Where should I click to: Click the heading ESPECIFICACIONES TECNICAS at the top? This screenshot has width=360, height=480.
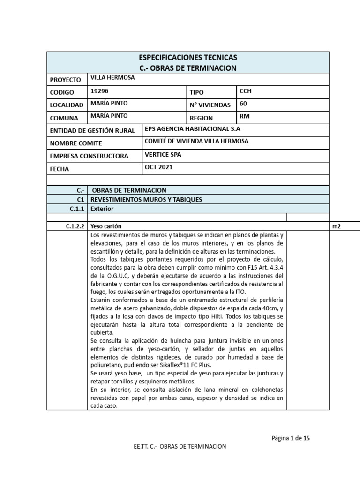pyautogui.click(x=188, y=58)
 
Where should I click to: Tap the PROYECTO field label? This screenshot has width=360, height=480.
pyautogui.click(x=66, y=80)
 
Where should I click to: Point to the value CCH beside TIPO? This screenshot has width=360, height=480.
pyautogui.click(x=246, y=91)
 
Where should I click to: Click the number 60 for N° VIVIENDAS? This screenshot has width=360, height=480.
pyautogui.click(x=243, y=104)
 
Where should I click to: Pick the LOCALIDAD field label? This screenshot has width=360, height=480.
pyautogui.click(x=67, y=105)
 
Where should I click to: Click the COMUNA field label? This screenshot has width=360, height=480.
pyautogui.click(x=64, y=118)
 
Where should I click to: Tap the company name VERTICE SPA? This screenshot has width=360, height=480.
pyautogui.click(x=162, y=154)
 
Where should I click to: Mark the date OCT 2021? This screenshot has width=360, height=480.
pyautogui.click(x=159, y=167)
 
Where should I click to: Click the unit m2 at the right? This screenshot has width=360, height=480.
pyautogui.click(x=337, y=226)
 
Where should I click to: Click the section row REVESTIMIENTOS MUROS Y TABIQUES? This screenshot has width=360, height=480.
pyautogui.click(x=146, y=199)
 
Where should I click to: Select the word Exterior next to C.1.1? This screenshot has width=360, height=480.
pyautogui.click(x=102, y=209)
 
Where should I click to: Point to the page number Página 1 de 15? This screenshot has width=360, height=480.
pyautogui.click(x=290, y=438)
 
